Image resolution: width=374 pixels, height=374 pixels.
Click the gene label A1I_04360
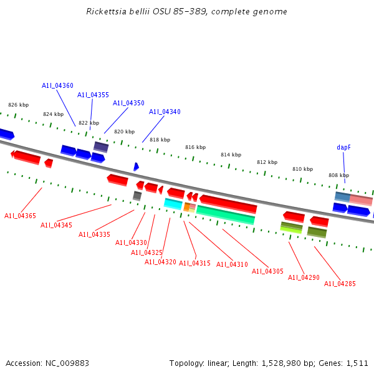tap(57, 85)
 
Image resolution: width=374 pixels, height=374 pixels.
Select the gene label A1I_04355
tap(93, 95)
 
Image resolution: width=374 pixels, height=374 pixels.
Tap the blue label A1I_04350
tap(128, 103)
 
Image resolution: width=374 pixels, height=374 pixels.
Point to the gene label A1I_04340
tap(165, 112)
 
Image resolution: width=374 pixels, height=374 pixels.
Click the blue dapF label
tap(343, 147)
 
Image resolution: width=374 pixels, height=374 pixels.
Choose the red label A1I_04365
tap(20, 216)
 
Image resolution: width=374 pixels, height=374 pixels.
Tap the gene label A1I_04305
tap(267, 271)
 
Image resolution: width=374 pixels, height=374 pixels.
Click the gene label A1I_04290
tap(304, 277)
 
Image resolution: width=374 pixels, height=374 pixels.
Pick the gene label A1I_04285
tap(340, 284)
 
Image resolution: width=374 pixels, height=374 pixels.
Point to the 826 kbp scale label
tap(18, 105)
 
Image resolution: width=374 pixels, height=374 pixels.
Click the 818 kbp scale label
tap(160, 140)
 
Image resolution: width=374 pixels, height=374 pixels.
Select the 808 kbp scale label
tap(338, 175)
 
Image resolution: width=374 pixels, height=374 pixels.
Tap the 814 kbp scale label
tap(231, 155)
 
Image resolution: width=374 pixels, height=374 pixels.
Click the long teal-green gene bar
tap(225, 214)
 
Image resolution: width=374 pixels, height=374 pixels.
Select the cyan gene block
tap(173, 203)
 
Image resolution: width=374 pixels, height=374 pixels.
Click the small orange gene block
tap(186, 206)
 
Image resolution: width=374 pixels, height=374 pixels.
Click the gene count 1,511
tap(357, 363)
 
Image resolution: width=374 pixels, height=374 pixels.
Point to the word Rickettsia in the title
tap(107, 12)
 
